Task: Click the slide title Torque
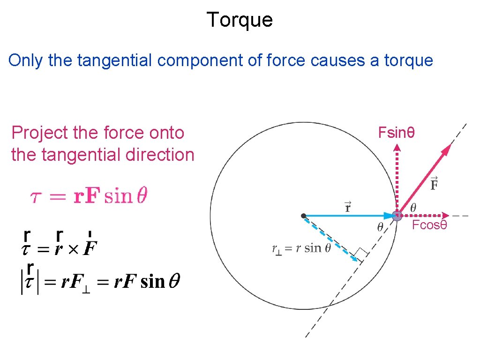click(x=240, y=20)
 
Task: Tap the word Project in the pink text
click(x=40, y=133)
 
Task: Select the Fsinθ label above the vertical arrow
click(x=396, y=133)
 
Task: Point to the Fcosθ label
click(x=429, y=225)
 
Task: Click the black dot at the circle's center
click(x=304, y=216)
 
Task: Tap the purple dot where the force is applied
click(x=397, y=216)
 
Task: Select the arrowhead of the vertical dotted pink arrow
click(x=397, y=147)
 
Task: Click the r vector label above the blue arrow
click(x=348, y=206)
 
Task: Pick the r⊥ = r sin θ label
click(x=301, y=248)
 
